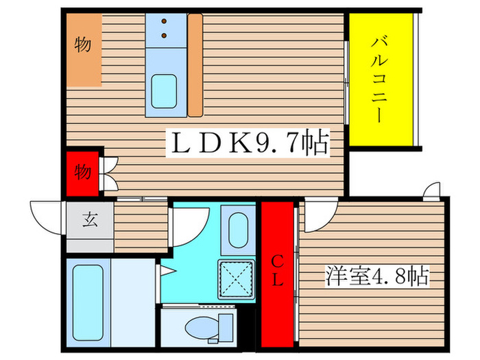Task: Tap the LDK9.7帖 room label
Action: tap(250, 145)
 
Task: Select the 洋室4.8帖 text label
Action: tap(376, 277)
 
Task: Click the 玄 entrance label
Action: tap(89, 221)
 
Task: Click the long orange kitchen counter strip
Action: tap(195, 65)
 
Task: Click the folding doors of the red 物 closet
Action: tap(110, 173)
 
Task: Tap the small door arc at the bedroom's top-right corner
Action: tap(433, 191)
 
